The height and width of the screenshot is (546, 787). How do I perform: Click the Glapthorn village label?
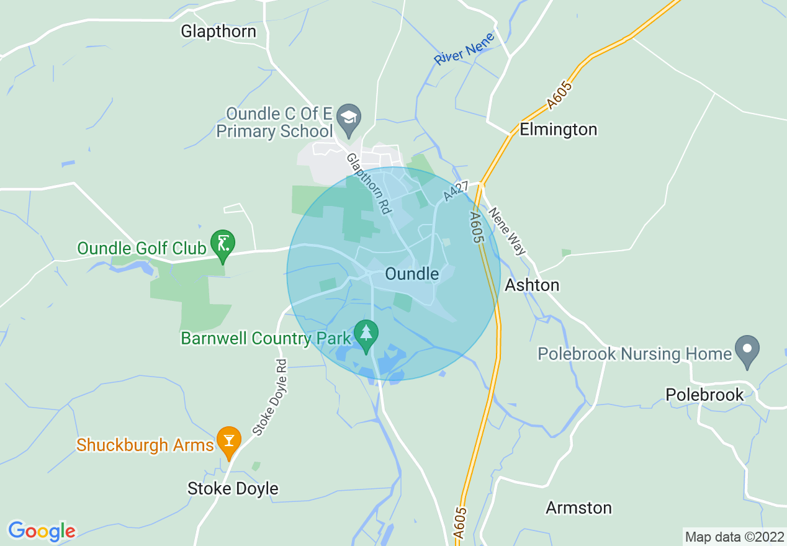[x=218, y=31]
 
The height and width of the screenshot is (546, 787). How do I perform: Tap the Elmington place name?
[x=558, y=129]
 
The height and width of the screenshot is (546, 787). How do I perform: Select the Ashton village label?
[x=532, y=285]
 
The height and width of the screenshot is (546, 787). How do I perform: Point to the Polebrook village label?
[x=704, y=395]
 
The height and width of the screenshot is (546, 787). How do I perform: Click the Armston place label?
[x=578, y=508]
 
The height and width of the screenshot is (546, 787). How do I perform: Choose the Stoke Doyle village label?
[x=233, y=488]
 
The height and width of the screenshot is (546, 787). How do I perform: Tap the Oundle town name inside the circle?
[x=411, y=274]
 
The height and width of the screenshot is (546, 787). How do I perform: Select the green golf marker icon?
[x=223, y=244]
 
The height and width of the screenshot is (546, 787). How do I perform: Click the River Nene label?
[x=464, y=49]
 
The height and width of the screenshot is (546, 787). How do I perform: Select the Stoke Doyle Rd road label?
[x=271, y=396]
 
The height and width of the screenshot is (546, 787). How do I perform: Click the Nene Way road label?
[x=507, y=231]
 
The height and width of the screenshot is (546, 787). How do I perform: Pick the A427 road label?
[x=457, y=190]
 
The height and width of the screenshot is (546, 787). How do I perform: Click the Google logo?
[x=42, y=531]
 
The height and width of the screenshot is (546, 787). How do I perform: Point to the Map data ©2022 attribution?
[x=734, y=537]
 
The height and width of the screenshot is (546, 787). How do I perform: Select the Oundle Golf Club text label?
[x=142, y=249]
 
